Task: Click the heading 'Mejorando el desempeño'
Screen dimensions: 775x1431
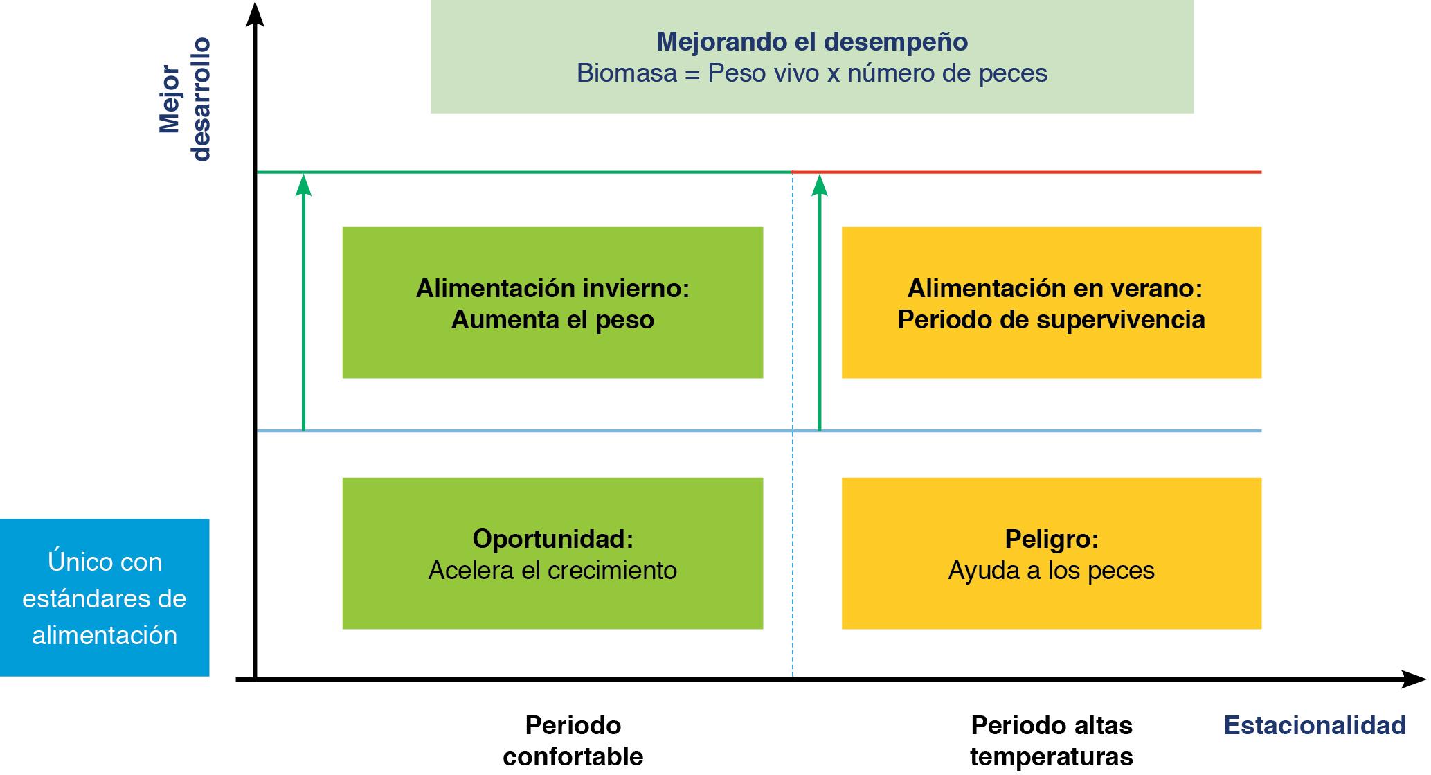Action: coord(811,42)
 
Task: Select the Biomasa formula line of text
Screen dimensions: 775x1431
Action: coord(811,73)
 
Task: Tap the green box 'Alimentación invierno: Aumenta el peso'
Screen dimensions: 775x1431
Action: coord(552,303)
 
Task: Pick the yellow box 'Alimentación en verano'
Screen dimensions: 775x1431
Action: coord(1051,303)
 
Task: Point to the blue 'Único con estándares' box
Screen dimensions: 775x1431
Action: coord(105,597)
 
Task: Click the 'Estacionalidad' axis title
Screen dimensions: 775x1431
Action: coord(1315,725)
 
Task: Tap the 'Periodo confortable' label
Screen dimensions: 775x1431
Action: coord(573,741)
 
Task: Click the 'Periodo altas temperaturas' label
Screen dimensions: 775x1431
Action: coord(1051,741)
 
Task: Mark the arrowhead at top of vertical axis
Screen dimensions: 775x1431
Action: coord(255,15)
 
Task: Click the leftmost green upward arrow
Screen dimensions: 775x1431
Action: coord(303,305)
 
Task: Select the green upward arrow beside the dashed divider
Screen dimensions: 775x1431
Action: coord(820,305)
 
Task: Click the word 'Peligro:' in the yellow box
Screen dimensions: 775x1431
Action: coord(1051,539)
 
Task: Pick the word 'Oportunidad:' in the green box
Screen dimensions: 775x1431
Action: coord(552,539)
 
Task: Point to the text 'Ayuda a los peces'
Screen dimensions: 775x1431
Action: coord(1051,571)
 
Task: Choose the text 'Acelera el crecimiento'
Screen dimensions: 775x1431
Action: coord(552,571)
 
